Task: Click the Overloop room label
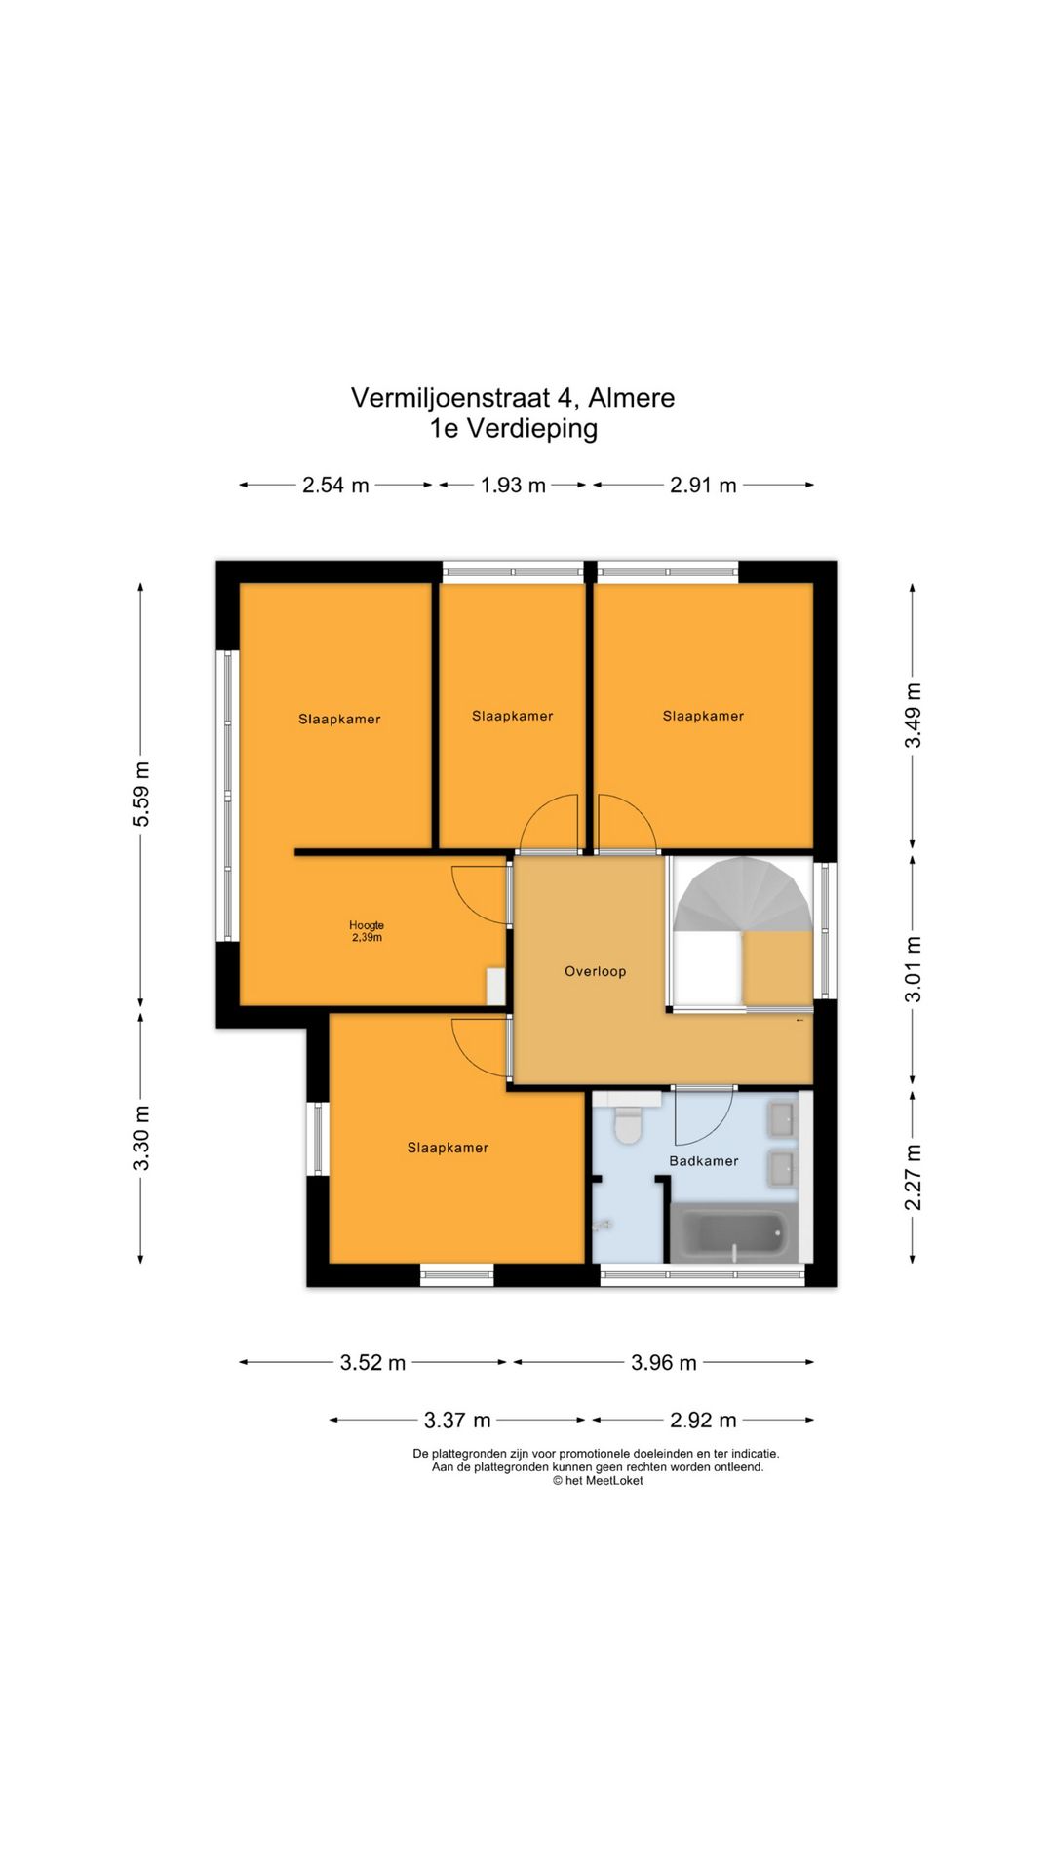click(x=595, y=971)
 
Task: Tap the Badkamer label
click(x=703, y=1161)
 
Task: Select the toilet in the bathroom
click(x=627, y=1120)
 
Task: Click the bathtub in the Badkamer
click(x=734, y=1232)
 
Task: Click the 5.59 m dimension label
click(x=142, y=794)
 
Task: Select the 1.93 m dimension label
click(x=513, y=485)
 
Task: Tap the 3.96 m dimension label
click(x=663, y=1362)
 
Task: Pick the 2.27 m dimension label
click(x=913, y=1177)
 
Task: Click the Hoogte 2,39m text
click(x=367, y=931)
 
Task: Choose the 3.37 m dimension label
click(x=457, y=1421)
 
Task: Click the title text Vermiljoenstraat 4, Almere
click(x=513, y=398)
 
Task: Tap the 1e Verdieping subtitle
click(x=514, y=428)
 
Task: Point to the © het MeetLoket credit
click(x=598, y=1480)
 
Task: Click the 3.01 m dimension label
click(x=913, y=969)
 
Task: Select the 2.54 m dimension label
click(x=335, y=485)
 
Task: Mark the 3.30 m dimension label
click(x=142, y=1138)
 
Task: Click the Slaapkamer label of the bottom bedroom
click(x=448, y=1148)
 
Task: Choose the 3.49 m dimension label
click(x=913, y=716)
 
